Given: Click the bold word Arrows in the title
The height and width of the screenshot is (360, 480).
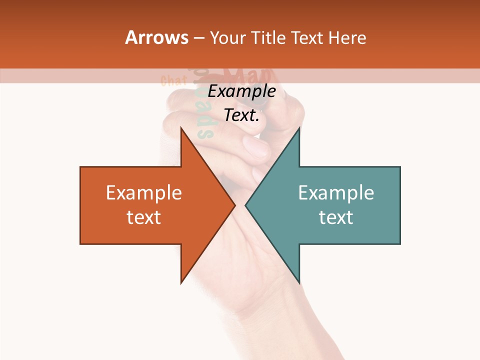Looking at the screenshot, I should click(157, 37).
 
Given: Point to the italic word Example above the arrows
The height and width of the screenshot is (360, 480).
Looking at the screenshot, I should click(241, 91).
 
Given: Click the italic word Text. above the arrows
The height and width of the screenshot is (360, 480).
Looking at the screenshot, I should click(241, 115).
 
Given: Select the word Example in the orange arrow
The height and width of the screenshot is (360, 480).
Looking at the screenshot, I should click(144, 192).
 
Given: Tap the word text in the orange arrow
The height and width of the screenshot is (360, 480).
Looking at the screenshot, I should click(144, 217).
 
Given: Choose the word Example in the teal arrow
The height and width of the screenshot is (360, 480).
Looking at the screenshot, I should click(336, 192).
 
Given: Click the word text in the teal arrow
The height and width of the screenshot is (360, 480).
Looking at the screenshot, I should click(336, 217).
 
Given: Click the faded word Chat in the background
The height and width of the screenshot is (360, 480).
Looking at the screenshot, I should click(174, 80).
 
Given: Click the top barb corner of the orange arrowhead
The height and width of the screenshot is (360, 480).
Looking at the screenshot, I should click(181, 128).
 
